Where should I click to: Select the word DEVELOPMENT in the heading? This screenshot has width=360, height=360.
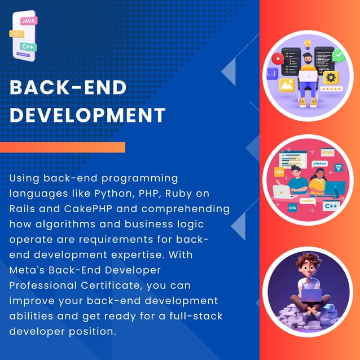click(x=88, y=115)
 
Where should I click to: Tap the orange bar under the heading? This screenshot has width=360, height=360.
click(x=62, y=148)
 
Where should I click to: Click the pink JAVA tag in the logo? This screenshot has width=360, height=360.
click(x=29, y=21)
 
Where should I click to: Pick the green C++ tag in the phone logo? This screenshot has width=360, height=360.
click(x=28, y=46)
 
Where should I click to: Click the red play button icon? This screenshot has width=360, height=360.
click(x=276, y=58)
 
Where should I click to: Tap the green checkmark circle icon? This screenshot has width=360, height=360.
click(x=337, y=55)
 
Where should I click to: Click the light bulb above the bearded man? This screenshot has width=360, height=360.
click(x=308, y=42)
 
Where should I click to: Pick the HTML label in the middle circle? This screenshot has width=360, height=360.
click(x=327, y=152)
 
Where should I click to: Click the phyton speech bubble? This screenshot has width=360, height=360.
click(x=320, y=164)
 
